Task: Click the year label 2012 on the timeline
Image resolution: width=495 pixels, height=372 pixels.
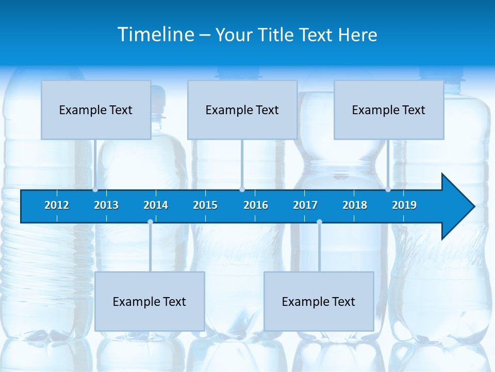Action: click(57, 205)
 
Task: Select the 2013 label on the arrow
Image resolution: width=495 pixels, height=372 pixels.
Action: click(106, 205)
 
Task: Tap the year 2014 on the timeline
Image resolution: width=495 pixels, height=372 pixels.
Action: click(156, 205)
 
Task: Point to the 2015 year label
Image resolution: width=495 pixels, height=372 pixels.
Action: click(205, 205)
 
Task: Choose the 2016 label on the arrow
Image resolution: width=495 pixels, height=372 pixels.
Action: click(256, 205)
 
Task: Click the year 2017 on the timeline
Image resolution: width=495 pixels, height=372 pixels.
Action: click(305, 205)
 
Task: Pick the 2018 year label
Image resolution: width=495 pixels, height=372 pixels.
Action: click(355, 205)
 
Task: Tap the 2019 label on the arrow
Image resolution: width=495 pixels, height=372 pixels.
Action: click(404, 205)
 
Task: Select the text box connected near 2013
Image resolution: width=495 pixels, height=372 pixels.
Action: click(96, 110)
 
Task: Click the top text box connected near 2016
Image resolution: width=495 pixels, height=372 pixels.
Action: click(242, 110)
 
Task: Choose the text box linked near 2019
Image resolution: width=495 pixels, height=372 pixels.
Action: click(389, 110)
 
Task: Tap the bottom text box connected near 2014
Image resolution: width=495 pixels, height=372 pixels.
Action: click(150, 301)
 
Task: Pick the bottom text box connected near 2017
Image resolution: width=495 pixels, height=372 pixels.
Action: click(319, 301)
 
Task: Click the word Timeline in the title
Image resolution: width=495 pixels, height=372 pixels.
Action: click(156, 35)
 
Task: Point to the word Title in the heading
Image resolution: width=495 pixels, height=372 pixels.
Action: click(277, 35)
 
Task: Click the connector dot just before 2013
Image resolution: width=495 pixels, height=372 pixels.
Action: click(95, 190)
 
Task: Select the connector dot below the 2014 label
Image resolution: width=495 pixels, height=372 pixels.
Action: click(150, 222)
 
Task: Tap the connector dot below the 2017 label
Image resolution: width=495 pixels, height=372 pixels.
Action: click(319, 222)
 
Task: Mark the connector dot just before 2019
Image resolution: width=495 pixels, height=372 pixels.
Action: click(388, 190)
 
